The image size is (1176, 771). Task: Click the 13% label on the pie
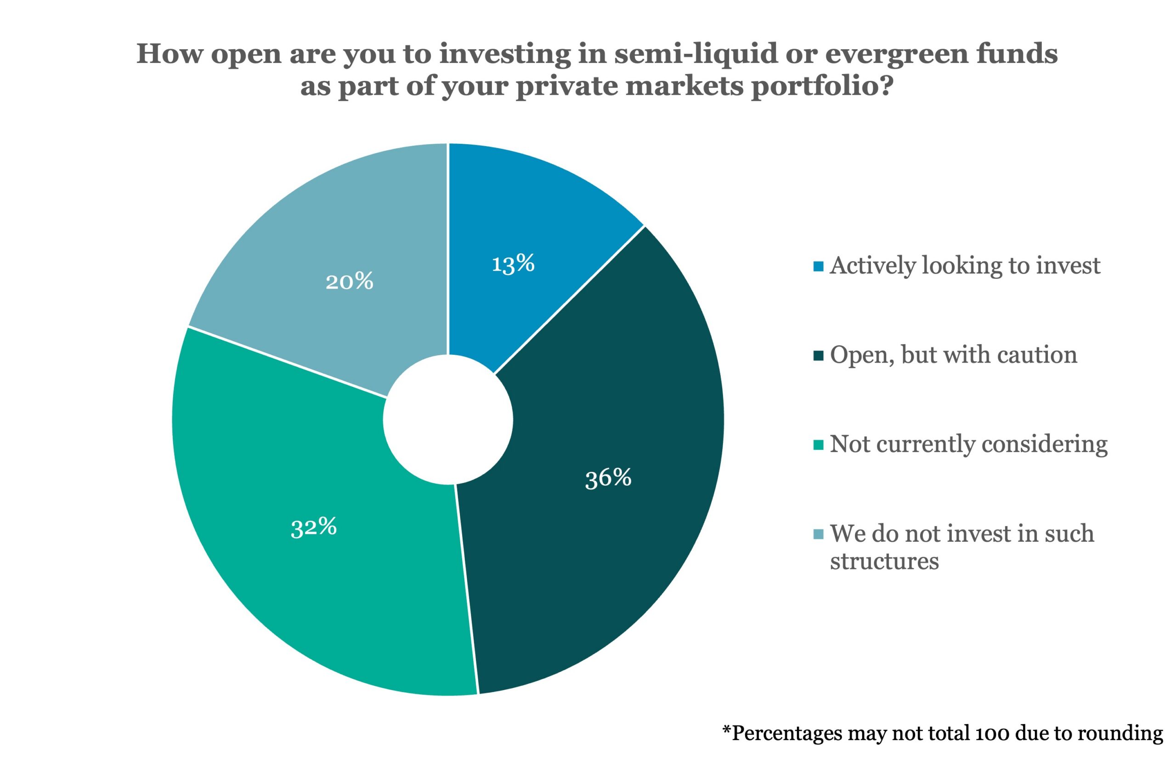tap(513, 263)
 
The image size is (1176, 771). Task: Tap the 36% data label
tap(608, 478)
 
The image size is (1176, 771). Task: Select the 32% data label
tap(314, 527)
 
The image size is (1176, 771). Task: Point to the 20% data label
tap(349, 282)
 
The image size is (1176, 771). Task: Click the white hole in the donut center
tap(448, 420)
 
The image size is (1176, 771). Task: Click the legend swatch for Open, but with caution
tap(818, 356)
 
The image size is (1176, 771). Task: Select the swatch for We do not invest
tap(818, 534)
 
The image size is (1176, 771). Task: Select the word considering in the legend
tap(1044, 444)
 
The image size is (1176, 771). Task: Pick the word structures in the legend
tap(884, 561)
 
